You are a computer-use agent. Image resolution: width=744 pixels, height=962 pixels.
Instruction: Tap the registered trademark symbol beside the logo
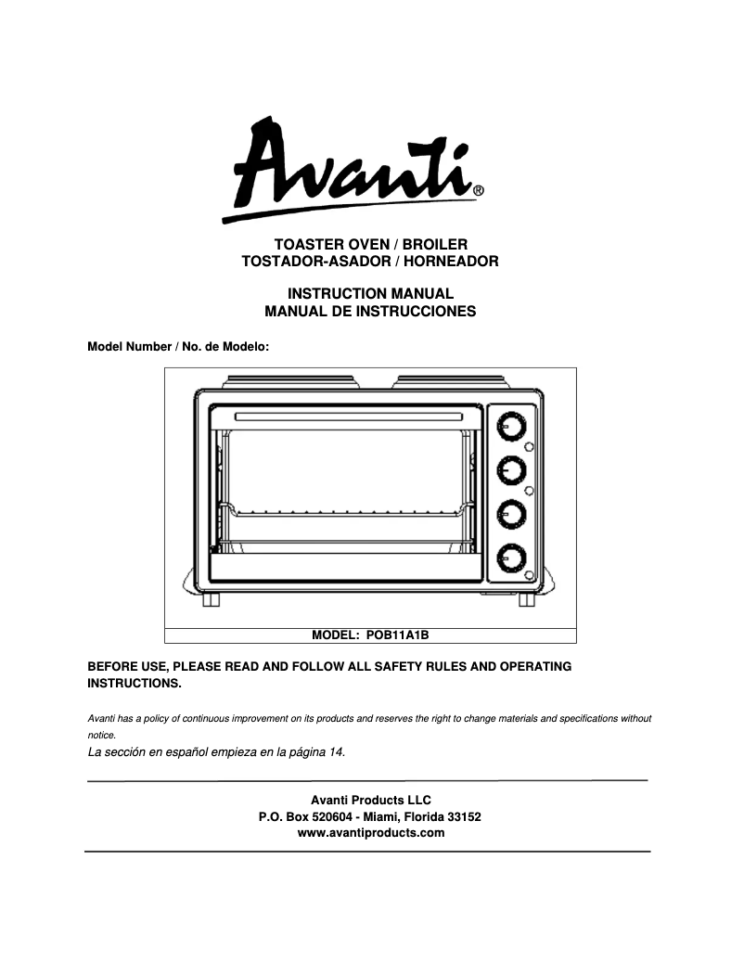(478, 193)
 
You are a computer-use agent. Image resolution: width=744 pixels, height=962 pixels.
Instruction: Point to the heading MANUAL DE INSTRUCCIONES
(370, 312)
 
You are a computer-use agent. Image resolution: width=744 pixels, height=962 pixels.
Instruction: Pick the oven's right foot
(527, 600)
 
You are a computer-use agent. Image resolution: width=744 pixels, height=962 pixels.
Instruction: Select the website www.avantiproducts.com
(370, 833)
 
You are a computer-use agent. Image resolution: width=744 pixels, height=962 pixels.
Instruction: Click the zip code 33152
(464, 816)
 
